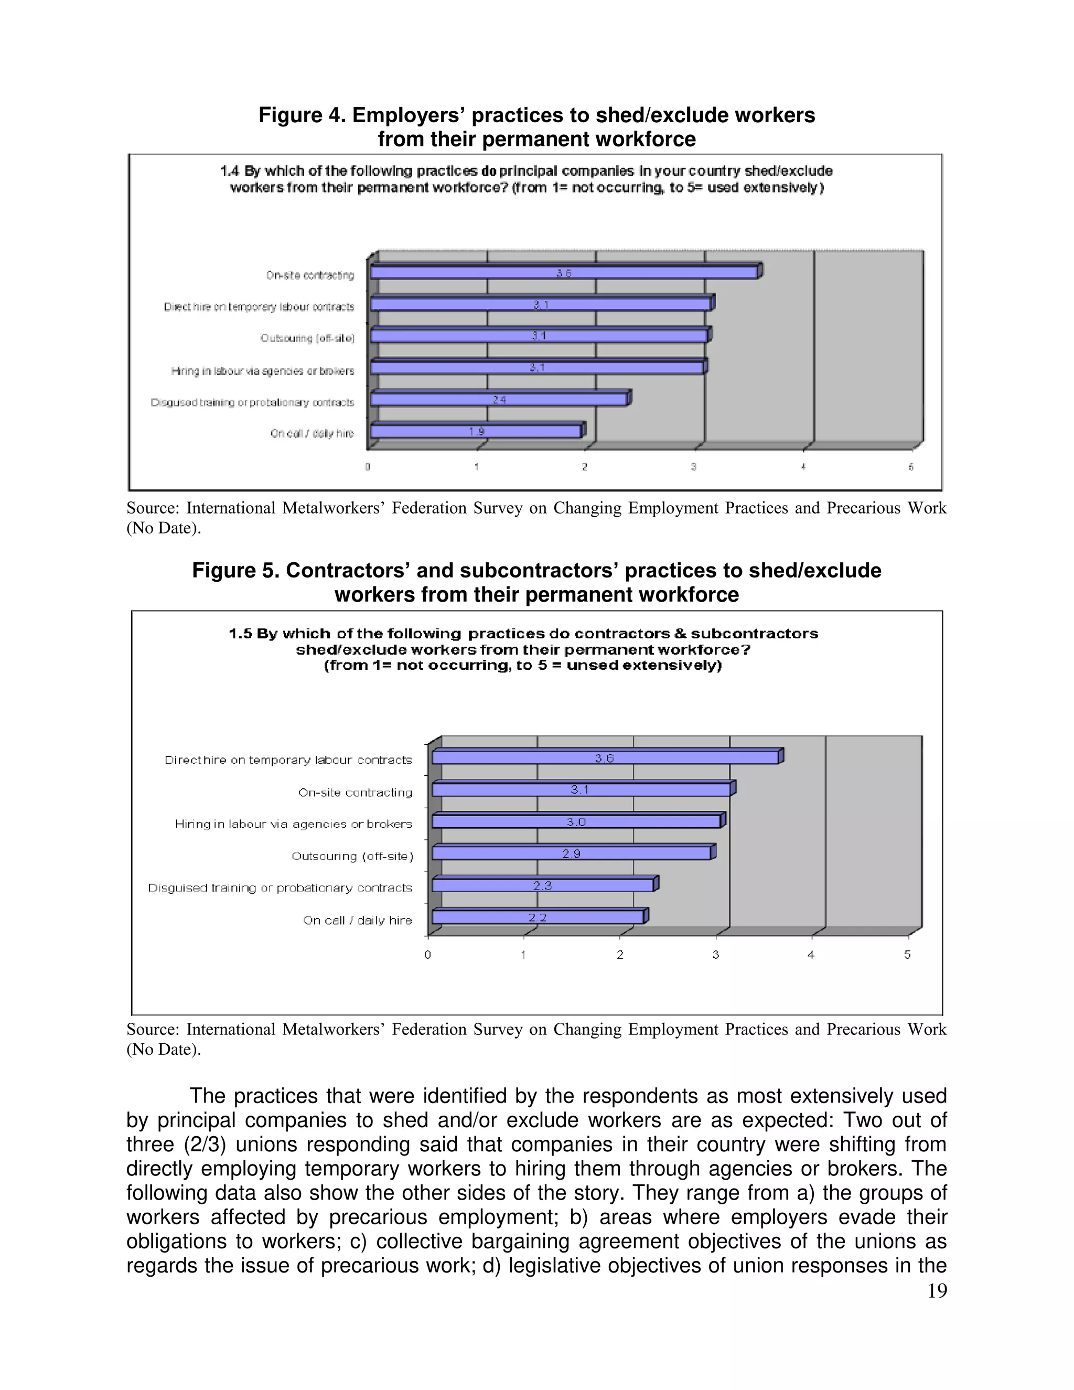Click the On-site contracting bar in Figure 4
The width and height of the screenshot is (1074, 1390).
tap(564, 272)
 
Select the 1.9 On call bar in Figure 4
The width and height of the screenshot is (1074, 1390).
tap(476, 432)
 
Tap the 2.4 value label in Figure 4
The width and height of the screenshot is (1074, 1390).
tap(499, 400)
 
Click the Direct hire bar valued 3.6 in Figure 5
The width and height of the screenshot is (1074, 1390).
tap(605, 757)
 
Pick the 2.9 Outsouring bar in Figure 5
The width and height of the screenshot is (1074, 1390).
tap(572, 853)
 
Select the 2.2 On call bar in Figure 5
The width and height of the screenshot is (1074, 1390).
tap(538, 917)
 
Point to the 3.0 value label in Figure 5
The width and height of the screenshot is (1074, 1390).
tap(576, 821)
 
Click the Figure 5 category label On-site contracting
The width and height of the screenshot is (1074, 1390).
tap(355, 793)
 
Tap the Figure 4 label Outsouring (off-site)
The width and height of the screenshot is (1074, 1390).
tap(307, 338)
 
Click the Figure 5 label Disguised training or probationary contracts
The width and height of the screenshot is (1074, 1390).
tap(280, 888)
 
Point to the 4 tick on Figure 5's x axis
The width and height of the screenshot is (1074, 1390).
tap(811, 955)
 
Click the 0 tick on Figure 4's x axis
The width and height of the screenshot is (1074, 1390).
tap(368, 467)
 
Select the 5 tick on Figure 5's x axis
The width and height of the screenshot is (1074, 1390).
tap(907, 955)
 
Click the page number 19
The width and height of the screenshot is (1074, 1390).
tap(937, 1291)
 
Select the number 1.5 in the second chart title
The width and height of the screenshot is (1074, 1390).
tap(241, 634)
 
